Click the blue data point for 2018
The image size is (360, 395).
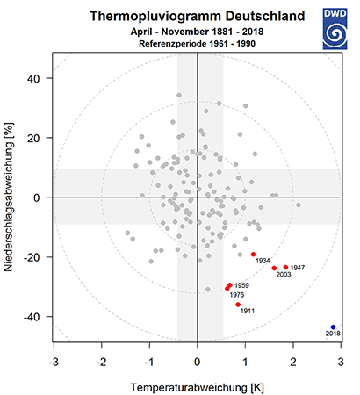pos(333,327)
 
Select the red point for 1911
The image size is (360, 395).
pos(238,305)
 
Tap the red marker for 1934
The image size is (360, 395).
pos(254,255)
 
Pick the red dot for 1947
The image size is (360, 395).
pos(285,267)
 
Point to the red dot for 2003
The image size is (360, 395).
pos(274,268)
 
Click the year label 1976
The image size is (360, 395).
pos(237,295)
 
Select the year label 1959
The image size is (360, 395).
pos(241,285)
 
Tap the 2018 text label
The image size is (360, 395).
pos(333,334)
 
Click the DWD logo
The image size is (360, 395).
pos(335,29)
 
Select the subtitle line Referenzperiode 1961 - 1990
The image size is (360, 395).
pos(197,44)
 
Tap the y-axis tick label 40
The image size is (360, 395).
pos(33,78)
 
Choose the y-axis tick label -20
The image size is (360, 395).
pos(32,257)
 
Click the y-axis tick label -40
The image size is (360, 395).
pos(32,317)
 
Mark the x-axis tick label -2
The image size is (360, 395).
pos(102,363)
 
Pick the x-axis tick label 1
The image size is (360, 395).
pos(245,363)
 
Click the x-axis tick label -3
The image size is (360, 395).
pos(54,363)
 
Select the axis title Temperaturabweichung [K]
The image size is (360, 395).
pos(198,388)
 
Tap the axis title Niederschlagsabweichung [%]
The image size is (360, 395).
pos(9,197)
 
